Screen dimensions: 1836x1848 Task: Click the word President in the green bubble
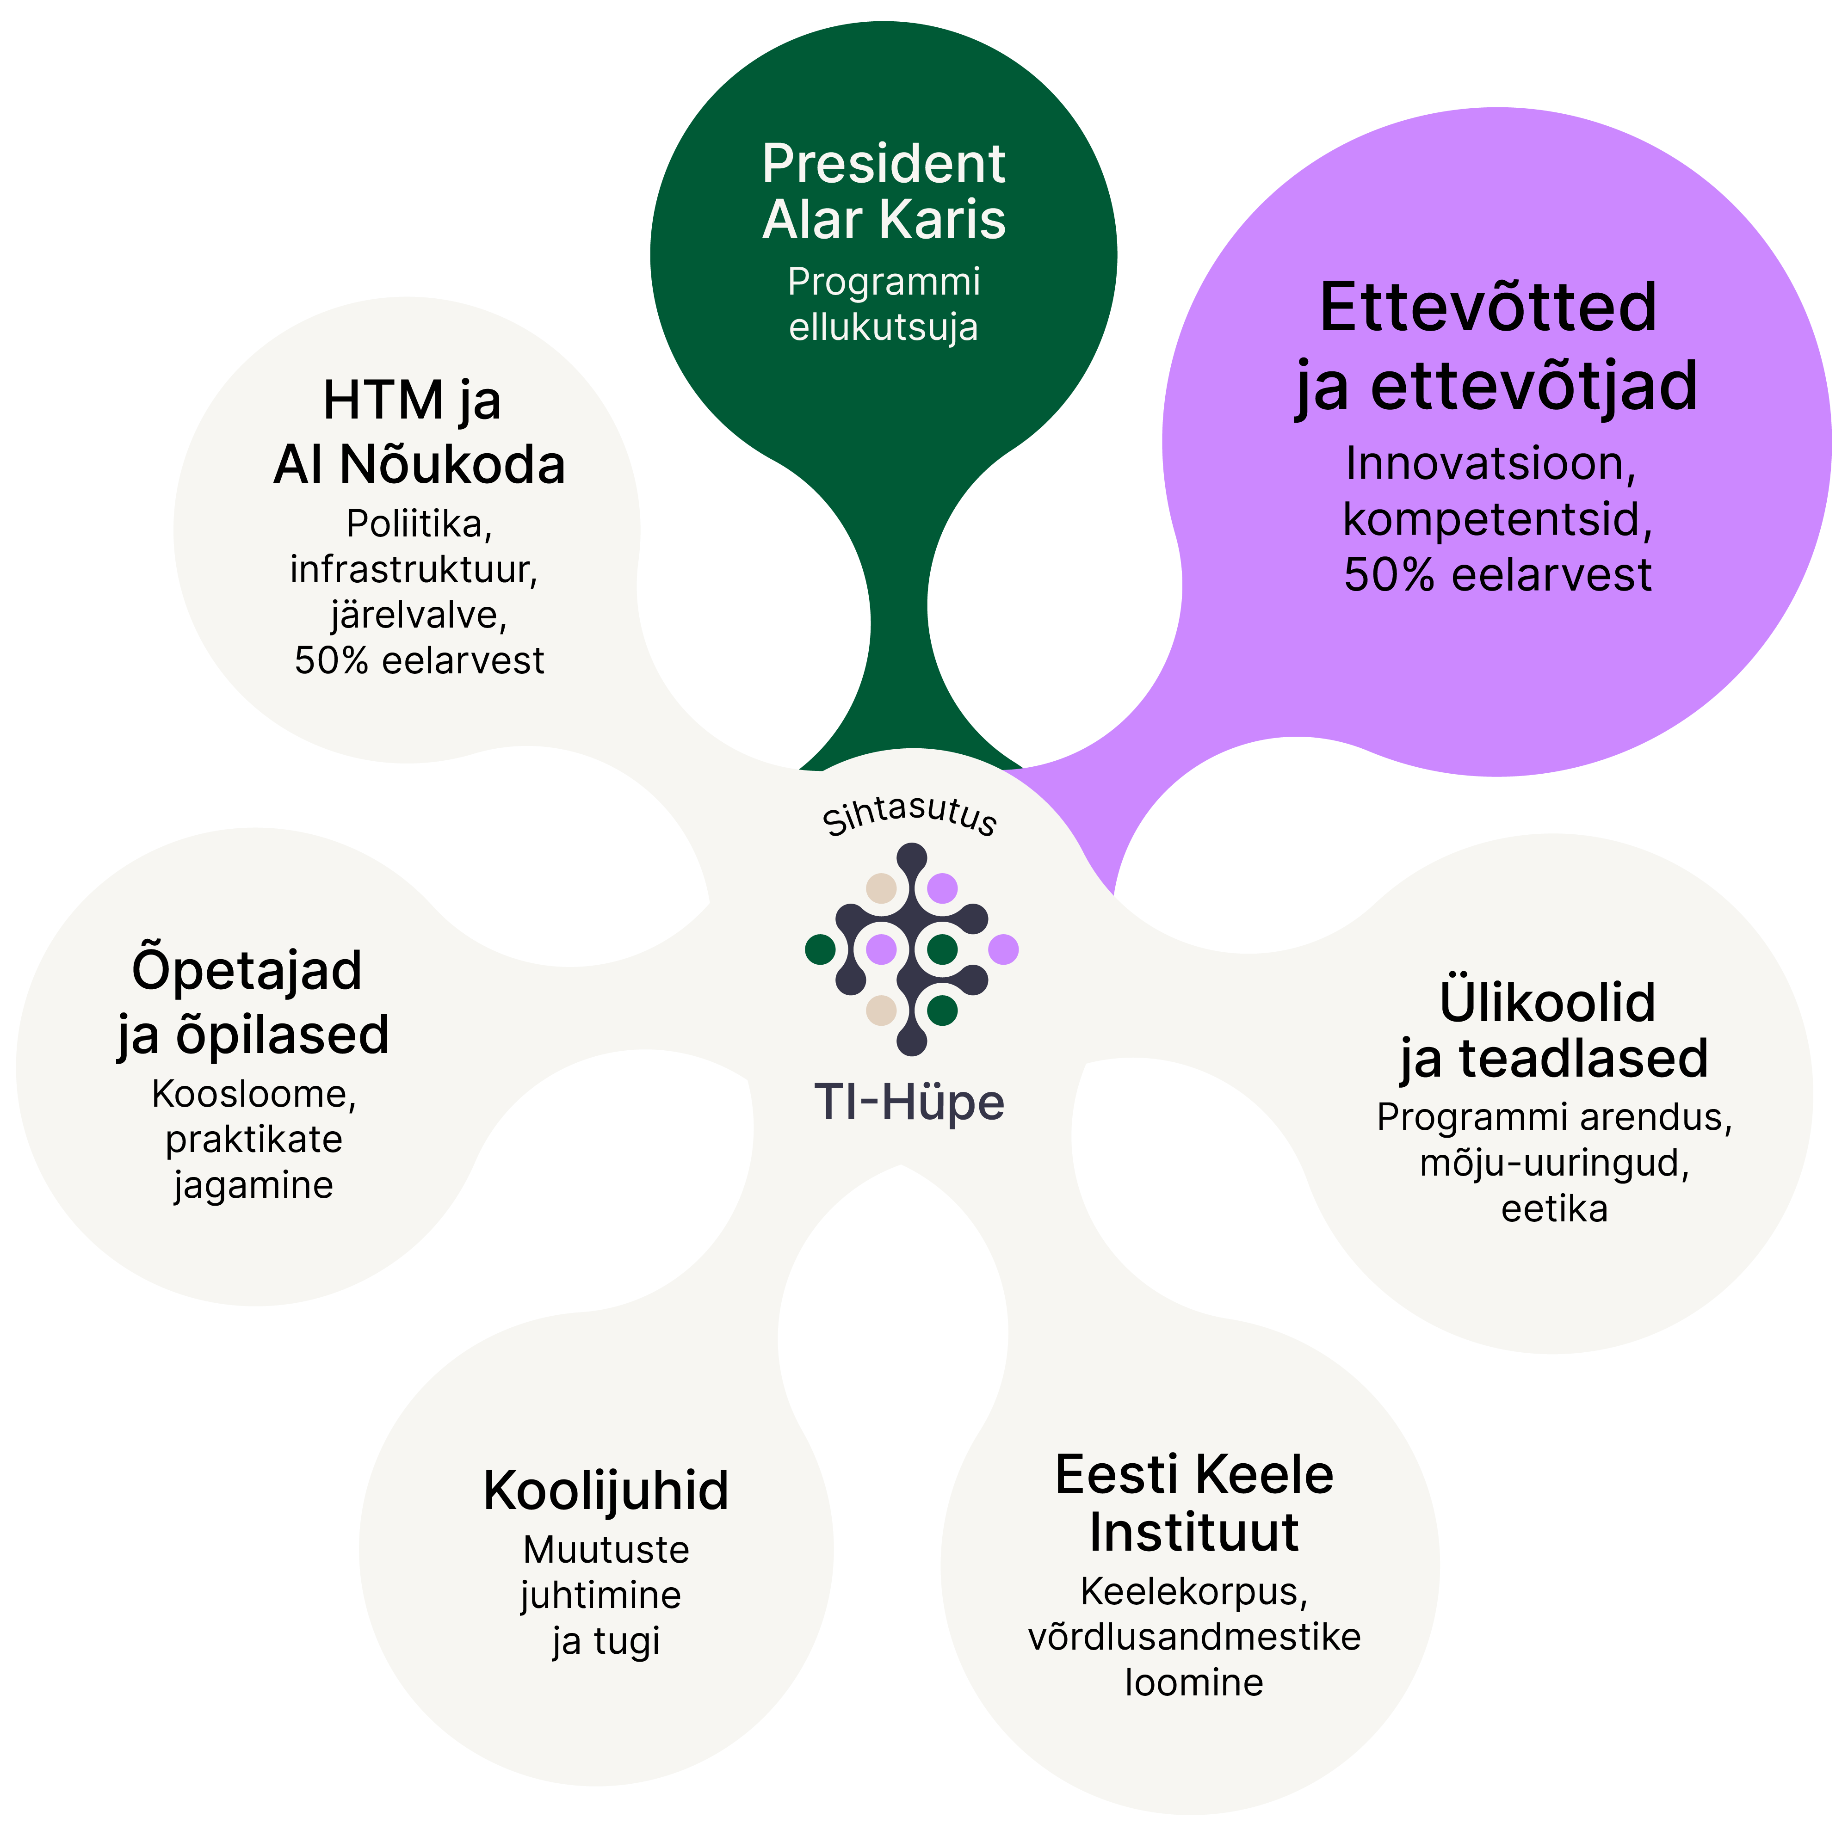point(883,165)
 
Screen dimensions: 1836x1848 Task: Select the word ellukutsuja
point(883,327)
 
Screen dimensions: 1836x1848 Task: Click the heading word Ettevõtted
point(1487,308)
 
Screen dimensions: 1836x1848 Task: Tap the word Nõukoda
point(452,466)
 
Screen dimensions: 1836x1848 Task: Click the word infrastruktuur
point(414,570)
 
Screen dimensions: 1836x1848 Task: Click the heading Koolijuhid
point(606,1491)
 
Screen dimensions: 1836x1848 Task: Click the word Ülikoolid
point(1547,1002)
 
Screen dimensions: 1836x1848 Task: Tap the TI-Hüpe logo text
point(909,1103)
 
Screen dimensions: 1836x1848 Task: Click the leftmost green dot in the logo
point(820,949)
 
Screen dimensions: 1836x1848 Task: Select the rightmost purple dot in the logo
point(1002,949)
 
